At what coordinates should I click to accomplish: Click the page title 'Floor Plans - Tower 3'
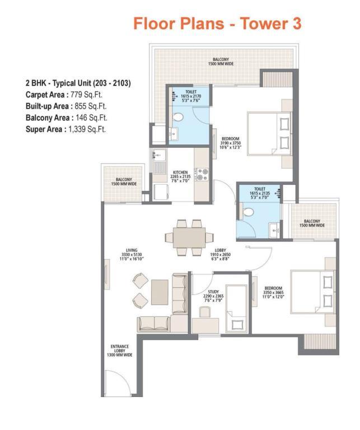click(x=217, y=24)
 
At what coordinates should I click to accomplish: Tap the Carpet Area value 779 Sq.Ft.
click(x=86, y=95)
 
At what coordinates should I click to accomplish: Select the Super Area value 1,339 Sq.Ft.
click(x=87, y=129)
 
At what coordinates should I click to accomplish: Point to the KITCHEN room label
click(x=180, y=172)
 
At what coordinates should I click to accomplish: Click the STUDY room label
click(x=213, y=292)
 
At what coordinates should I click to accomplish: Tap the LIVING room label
click(x=132, y=250)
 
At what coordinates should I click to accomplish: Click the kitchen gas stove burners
click(x=202, y=175)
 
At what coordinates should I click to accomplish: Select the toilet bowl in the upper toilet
click(x=177, y=118)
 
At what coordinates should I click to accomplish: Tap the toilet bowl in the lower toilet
click(x=248, y=212)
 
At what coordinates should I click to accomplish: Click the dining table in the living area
click(x=189, y=237)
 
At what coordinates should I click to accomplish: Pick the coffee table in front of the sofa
click(x=160, y=292)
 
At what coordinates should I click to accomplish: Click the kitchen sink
click(x=159, y=156)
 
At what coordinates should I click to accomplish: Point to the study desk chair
click(x=205, y=312)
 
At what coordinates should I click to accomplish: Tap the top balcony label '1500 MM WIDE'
click(x=221, y=64)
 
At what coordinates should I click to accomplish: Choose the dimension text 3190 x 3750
click(x=230, y=143)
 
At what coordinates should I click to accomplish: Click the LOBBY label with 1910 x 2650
click(x=220, y=254)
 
